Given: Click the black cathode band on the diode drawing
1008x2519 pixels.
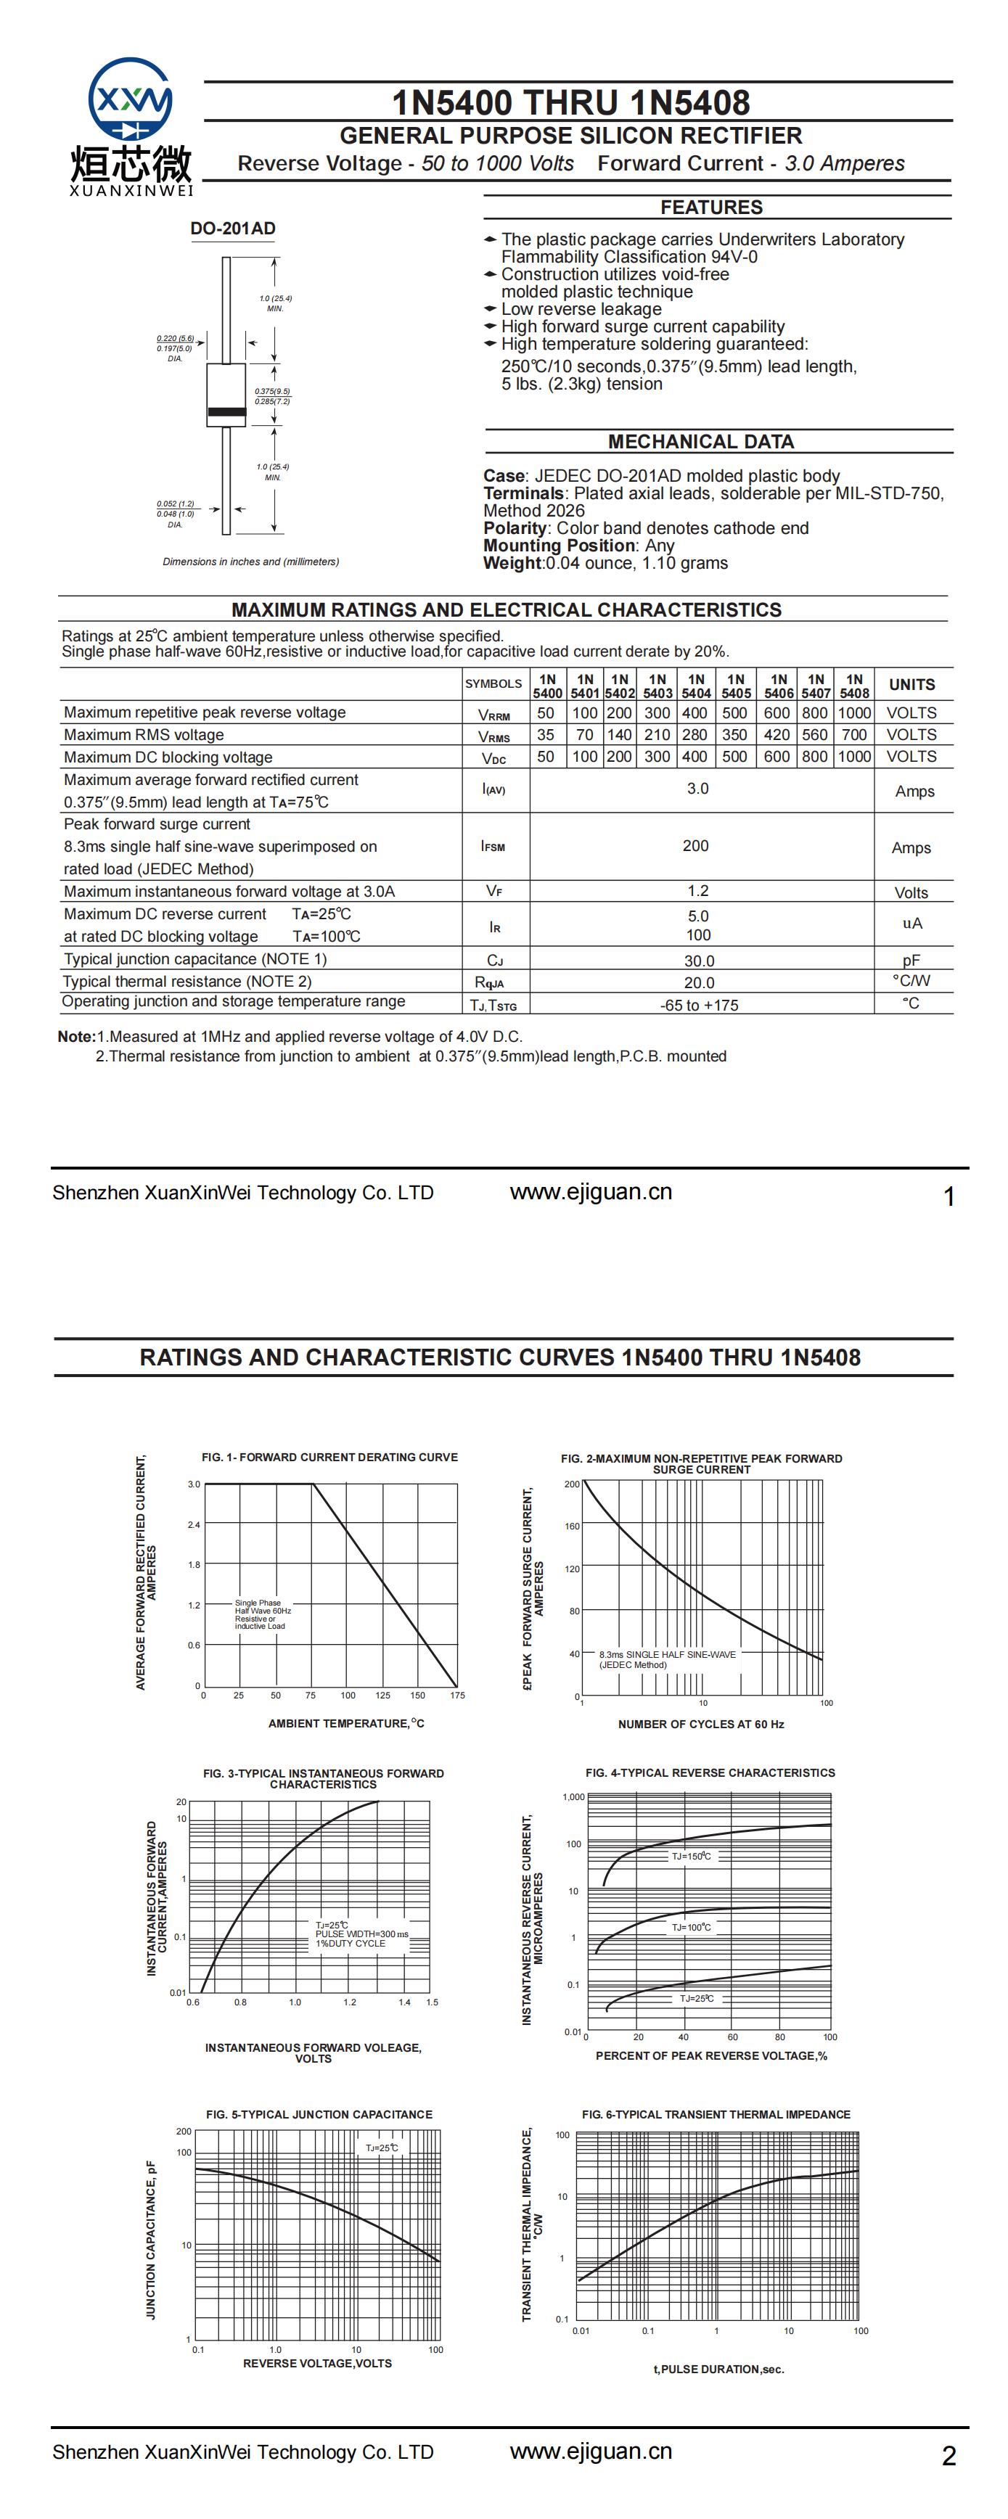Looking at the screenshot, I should click(226, 411).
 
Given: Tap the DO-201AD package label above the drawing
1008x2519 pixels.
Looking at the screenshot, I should click(233, 229).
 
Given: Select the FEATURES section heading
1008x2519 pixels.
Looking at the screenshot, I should click(710, 207).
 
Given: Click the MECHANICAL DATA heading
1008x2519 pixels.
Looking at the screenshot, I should click(700, 442).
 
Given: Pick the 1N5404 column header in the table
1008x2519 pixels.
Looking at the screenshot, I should click(696, 686).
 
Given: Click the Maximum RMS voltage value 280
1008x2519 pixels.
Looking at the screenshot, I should click(694, 734).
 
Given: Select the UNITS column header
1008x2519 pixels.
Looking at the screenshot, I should click(911, 684).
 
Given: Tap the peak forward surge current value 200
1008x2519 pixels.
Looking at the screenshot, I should click(695, 846).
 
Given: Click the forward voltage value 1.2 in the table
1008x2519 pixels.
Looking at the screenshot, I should click(697, 891).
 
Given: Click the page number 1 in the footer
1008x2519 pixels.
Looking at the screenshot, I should click(948, 1197).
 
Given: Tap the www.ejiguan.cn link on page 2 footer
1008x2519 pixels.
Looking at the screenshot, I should click(591, 2452).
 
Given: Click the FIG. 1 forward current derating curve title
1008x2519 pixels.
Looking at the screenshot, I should click(329, 1457).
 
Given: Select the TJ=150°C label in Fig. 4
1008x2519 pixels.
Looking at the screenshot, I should click(691, 1856).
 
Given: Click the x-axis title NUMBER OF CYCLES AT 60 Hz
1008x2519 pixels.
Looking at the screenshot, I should click(701, 1724).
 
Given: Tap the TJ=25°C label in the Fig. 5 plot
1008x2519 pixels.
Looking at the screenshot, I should click(381, 2148).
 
